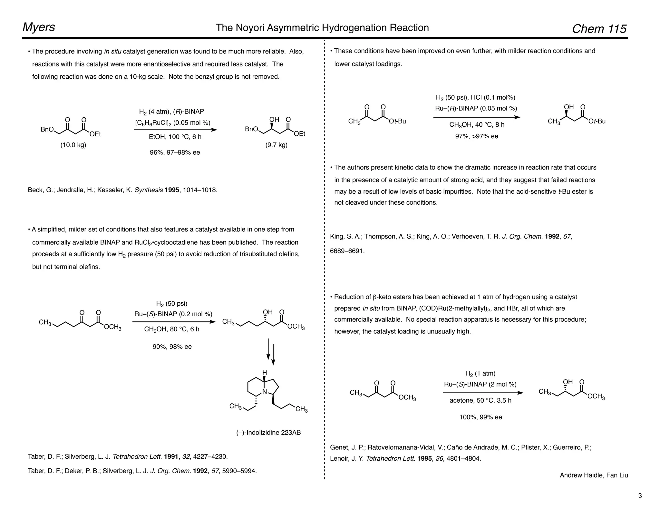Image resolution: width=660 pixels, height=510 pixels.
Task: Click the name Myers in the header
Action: click(39, 27)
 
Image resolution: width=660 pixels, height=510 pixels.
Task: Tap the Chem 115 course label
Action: click(599, 29)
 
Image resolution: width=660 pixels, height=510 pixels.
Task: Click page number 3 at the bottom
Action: click(640, 496)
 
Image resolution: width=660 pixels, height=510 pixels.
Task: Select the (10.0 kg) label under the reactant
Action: click(73, 145)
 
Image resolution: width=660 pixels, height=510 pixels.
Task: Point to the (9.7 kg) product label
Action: click(276, 145)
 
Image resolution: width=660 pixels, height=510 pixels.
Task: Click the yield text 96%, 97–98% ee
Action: click(175, 152)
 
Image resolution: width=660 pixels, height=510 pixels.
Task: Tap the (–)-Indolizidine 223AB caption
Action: click(268, 433)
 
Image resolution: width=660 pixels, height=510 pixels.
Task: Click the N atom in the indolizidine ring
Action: click(265, 392)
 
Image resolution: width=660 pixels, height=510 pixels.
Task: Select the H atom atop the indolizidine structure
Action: click(265, 373)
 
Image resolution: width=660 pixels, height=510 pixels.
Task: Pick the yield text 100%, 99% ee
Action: click(480, 417)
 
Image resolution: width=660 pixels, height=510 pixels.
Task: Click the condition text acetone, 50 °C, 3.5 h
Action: click(480, 400)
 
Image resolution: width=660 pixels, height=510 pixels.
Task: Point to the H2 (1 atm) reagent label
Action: click(480, 374)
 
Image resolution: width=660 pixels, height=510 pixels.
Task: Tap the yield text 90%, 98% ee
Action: click(172, 347)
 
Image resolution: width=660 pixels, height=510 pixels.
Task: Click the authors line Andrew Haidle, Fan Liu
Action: click(594, 475)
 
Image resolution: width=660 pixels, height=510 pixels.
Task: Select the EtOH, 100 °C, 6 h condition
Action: click(175, 137)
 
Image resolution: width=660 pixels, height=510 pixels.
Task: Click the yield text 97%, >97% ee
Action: click(477, 136)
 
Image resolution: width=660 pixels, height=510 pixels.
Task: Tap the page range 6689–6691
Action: click(347, 251)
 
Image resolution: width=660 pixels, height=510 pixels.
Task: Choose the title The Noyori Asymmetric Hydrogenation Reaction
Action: click(322, 28)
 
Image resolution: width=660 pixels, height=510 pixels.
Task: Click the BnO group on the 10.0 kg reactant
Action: click(47, 130)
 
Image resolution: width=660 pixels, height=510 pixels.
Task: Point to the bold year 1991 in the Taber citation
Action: click(171, 457)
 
